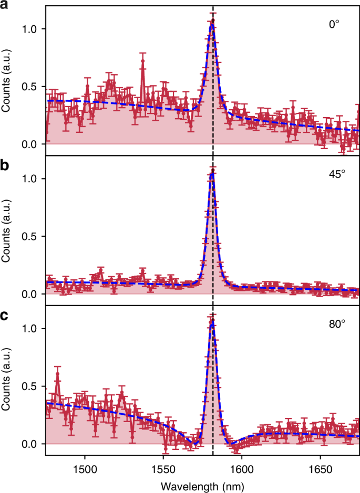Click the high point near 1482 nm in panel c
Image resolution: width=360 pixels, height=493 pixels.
[57, 374]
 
